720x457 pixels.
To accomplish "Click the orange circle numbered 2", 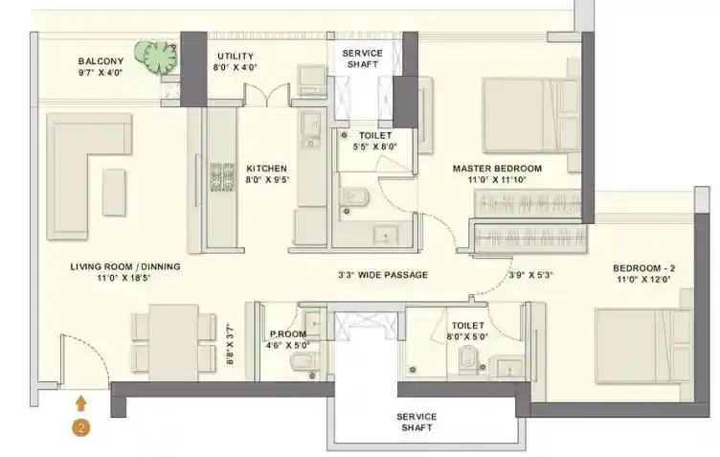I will click(x=82, y=428).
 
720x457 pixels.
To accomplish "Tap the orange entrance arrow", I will click(x=82, y=403).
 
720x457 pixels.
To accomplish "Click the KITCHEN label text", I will click(x=266, y=171).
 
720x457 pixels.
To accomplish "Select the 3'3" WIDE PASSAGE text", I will click(x=382, y=275).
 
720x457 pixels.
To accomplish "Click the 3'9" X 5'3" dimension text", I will click(x=530, y=275).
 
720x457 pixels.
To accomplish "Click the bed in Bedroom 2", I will click(x=641, y=343).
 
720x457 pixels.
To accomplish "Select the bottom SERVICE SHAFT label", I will click(x=416, y=423).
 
